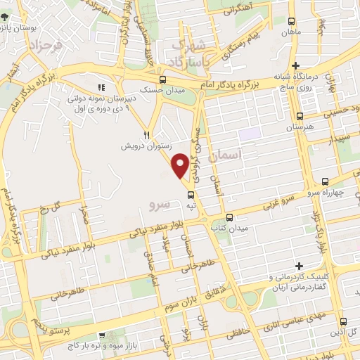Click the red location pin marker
[x=181, y=165]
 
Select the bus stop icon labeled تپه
[x=191, y=195]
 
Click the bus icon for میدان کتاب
[x=230, y=217]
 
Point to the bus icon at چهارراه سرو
[x=324, y=181]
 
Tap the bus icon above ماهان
[x=289, y=22]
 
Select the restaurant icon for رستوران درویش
[x=147, y=134]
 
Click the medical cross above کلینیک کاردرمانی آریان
[x=300, y=266]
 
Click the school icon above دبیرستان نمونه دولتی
[x=102, y=88]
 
